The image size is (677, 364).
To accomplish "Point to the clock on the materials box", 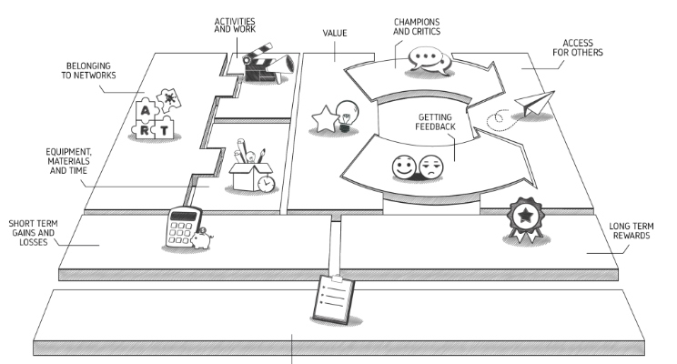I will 266,184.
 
